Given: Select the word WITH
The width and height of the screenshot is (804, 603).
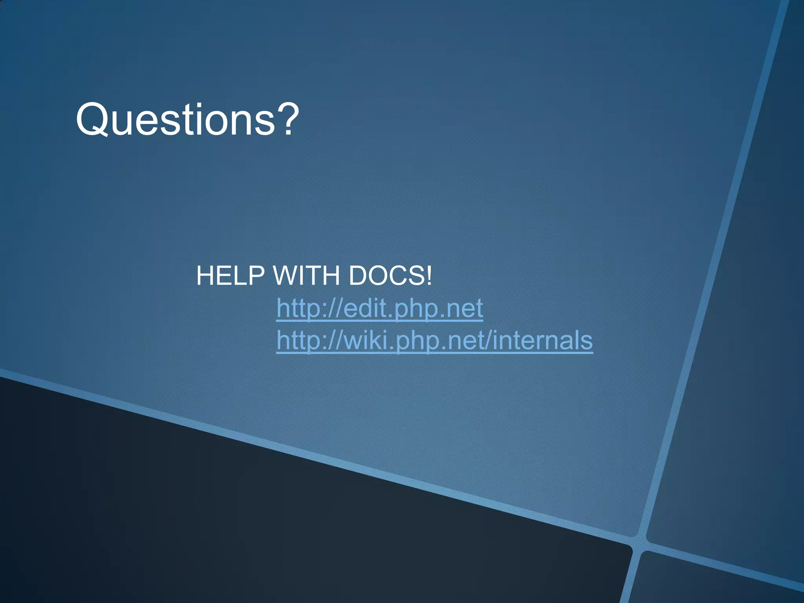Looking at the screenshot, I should [306, 276].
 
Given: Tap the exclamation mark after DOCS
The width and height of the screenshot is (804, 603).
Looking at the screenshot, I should [429, 276].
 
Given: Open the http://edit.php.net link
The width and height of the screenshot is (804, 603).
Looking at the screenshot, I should [379, 308].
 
